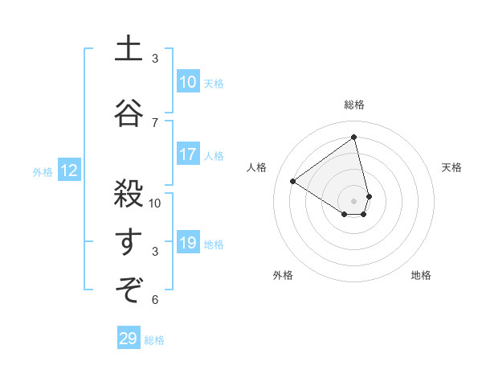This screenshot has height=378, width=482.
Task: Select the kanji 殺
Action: tap(129, 194)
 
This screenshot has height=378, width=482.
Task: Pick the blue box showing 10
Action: tap(188, 82)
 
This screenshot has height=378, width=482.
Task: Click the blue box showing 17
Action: tap(188, 155)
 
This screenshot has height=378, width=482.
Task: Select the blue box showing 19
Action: tap(188, 244)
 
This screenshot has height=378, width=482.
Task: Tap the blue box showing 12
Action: tap(69, 171)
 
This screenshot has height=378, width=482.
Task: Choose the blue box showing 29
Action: tap(129, 339)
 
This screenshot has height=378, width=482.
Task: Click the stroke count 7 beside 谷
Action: tap(155, 122)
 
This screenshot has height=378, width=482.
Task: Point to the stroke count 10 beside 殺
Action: tap(155, 203)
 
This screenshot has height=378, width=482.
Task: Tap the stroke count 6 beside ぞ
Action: tap(155, 300)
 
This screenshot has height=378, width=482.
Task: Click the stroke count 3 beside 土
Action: tap(155, 59)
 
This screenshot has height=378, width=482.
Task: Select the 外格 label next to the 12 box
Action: tap(43, 171)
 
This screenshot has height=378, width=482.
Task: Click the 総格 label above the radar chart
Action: tap(354, 105)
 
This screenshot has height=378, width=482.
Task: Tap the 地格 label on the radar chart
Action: tap(421, 275)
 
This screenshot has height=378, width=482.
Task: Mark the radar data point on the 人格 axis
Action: tap(293, 182)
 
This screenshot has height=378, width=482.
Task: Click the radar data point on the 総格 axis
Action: tap(354, 137)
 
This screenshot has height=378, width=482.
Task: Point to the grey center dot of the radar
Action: tap(354, 200)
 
